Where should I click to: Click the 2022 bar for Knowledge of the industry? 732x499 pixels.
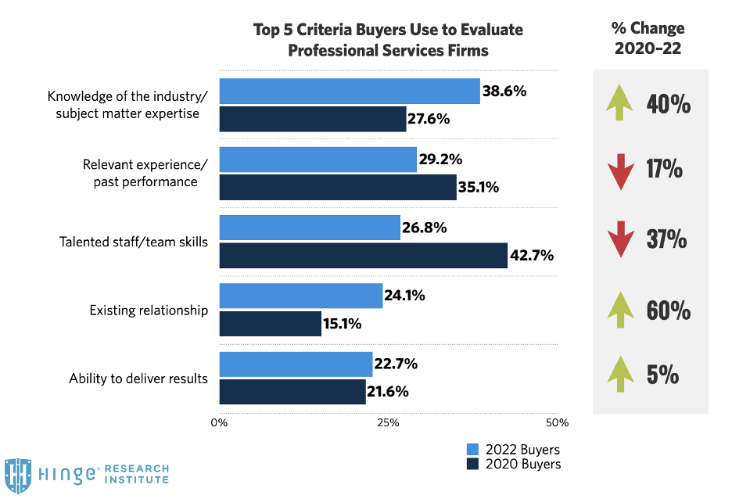coord(349,92)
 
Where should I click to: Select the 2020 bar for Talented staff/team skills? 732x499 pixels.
coord(363,256)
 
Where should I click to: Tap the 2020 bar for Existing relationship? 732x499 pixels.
coord(270,324)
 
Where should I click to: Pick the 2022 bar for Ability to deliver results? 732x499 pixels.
coord(296,364)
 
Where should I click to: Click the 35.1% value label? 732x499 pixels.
coord(478,188)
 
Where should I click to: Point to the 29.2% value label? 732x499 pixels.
coord(441,160)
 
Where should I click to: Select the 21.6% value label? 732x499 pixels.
coord(387,392)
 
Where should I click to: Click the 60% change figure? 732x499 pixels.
coord(669,311)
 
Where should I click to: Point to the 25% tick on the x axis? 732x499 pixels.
coord(388,423)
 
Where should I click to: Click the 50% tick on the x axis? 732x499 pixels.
coord(556,423)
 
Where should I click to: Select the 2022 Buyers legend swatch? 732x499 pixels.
coord(472,450)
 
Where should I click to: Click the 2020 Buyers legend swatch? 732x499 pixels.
coord(472,465)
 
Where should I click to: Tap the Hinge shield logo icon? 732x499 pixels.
coord(17,475)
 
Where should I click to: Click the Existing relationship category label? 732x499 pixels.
coord(149,311)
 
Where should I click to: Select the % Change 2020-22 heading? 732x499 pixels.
coord(648,38)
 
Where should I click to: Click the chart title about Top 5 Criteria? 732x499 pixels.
coord(388,40)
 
